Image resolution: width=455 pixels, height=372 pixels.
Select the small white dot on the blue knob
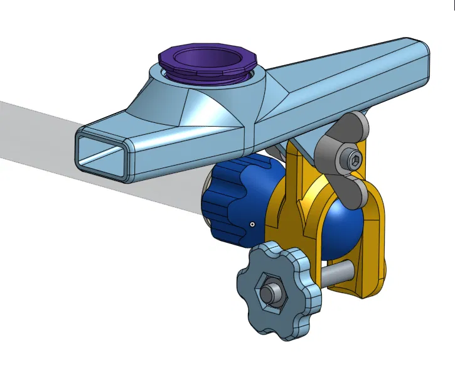(252, 223)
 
